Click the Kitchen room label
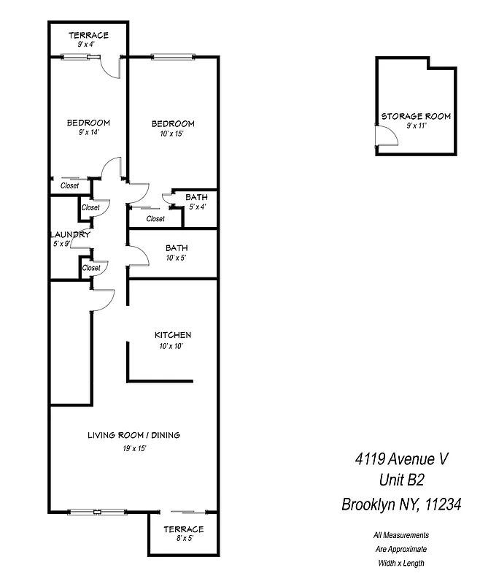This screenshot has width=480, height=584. click(173, 335)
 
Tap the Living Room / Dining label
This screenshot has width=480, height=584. click(133, 435)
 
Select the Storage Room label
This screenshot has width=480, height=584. click(415, 116)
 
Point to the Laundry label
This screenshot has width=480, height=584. click(70, 234)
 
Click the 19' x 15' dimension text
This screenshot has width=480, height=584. click(134, 448)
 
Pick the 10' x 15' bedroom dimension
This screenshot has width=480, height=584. click(173, 134)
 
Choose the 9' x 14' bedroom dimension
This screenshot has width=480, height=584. click(88, 132)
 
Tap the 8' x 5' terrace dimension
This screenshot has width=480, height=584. click(183, 539)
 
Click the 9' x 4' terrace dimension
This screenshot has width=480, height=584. click(88, 45)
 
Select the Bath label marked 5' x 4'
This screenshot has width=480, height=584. click(196, 197)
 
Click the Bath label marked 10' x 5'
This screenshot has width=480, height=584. click(177, 248)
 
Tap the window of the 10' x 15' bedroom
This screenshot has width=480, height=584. click(173, 57)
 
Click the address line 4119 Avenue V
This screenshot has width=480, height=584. click(401, 459)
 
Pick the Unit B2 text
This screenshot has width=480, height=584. click(401, 480)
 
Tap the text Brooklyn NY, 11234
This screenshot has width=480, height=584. click(401, 504)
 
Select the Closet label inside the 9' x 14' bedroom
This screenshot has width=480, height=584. click(69, 185)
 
